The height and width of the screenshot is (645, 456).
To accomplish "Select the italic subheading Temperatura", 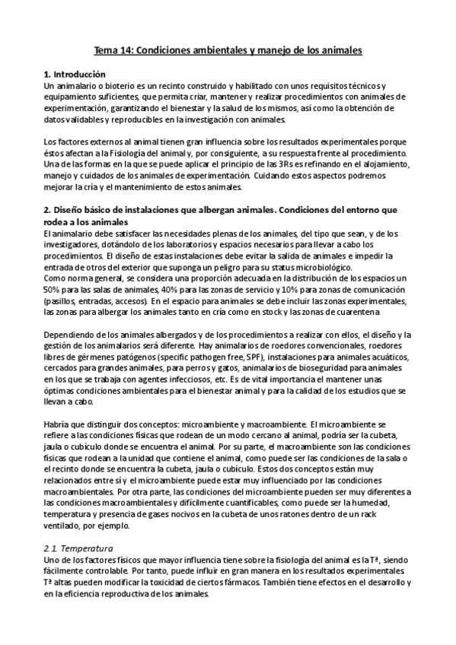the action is point(87,548).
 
